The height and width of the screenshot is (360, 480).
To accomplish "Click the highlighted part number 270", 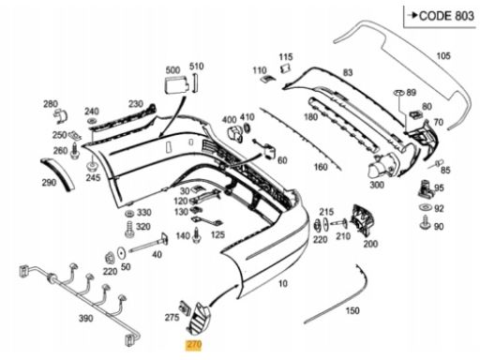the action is coord(194,345).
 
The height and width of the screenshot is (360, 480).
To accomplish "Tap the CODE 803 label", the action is coord(446,16).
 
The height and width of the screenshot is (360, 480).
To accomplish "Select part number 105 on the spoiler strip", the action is coord(443,56).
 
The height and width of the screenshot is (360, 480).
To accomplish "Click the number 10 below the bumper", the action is coord(283,283).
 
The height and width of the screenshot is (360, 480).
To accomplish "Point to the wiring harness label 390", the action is coord(85,318).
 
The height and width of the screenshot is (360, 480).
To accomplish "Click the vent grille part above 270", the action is coord(198,318).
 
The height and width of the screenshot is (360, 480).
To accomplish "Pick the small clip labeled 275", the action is coord(185,307).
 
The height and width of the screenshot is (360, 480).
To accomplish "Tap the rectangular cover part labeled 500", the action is coord(176,85).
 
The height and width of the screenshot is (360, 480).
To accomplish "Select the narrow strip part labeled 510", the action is coord(195,82).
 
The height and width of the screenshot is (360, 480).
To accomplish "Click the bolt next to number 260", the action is coord(75,151).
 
